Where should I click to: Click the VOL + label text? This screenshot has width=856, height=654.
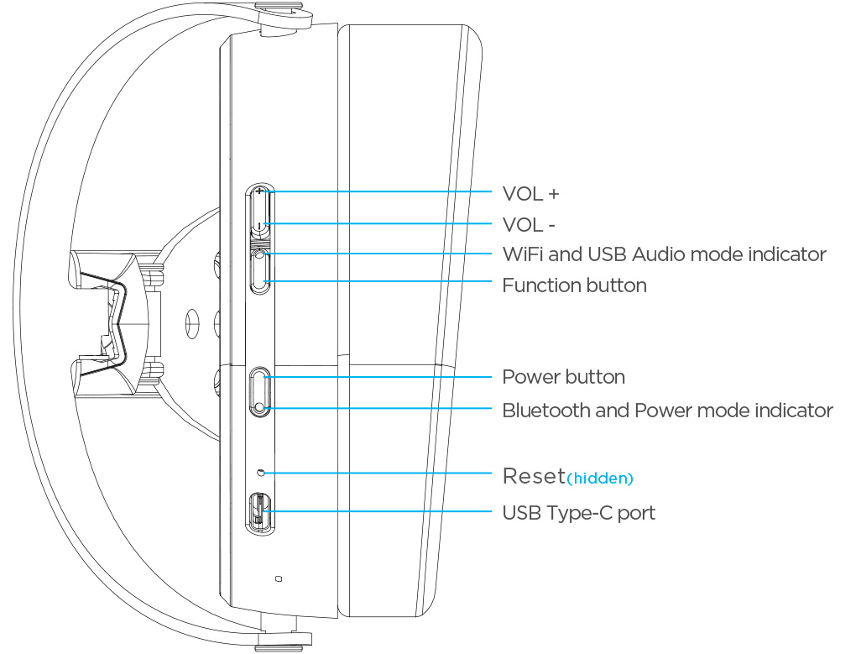click(x=530, y=194)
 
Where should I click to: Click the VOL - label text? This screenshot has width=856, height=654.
click(x=529, y=225)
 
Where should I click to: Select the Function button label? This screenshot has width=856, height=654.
click(x=574, y=285)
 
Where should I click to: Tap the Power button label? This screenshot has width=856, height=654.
click(x=563, y=377)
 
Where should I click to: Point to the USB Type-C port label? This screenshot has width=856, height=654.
click(x=578, y=512)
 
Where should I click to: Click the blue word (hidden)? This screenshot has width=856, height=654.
click(x=600, y=479)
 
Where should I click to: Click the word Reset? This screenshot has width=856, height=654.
click(x=534, y=476)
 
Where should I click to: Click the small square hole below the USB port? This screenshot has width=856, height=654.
click(x=279, y=578)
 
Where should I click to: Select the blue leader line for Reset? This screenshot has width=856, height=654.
click(x=378, y=473)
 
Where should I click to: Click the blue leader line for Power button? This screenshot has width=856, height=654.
click(x=378, y=377)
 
